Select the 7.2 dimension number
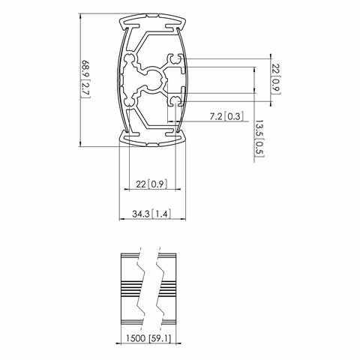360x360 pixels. click(x=214, y=116)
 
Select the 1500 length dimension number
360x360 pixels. click(x=135, y=337)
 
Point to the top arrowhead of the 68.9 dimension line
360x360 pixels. click(x=81, y=16)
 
